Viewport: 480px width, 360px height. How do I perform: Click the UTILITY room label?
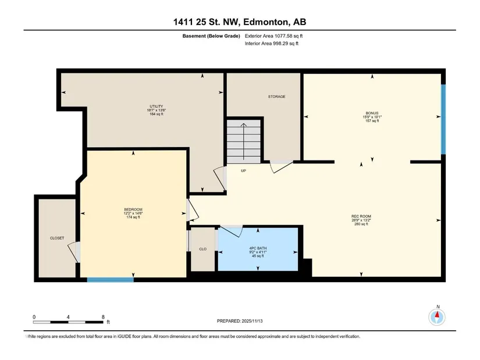pos(157,106)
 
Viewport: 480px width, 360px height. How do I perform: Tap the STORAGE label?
pos(277,97)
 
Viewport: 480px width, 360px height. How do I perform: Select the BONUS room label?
pos(372,113)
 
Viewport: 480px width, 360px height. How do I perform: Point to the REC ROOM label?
pos(361,216)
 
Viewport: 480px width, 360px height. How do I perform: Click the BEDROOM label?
pos(133,209)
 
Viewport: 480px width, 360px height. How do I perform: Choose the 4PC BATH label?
pos(258,248)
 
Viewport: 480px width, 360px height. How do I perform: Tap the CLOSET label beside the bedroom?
pos(57,238)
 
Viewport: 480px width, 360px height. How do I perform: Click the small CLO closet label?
pos(202,249)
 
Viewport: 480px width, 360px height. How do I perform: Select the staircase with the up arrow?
pos(244,141)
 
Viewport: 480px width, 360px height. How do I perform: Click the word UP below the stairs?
pos(243,170)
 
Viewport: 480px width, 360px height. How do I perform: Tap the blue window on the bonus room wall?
pos(443,119)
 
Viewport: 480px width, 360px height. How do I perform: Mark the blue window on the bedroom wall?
pos(110,280)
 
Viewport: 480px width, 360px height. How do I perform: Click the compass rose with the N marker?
pos(437,316)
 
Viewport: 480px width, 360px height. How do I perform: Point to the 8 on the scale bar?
pos(103,317)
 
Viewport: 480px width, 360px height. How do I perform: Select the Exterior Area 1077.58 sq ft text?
pos(273,36)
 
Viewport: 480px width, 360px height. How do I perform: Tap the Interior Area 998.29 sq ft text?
pos(272,44)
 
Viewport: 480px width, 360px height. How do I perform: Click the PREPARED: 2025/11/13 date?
pos(240,321)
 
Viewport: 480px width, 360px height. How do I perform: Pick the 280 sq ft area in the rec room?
pos(361,224)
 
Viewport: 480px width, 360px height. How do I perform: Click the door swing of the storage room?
pos(282,167)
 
